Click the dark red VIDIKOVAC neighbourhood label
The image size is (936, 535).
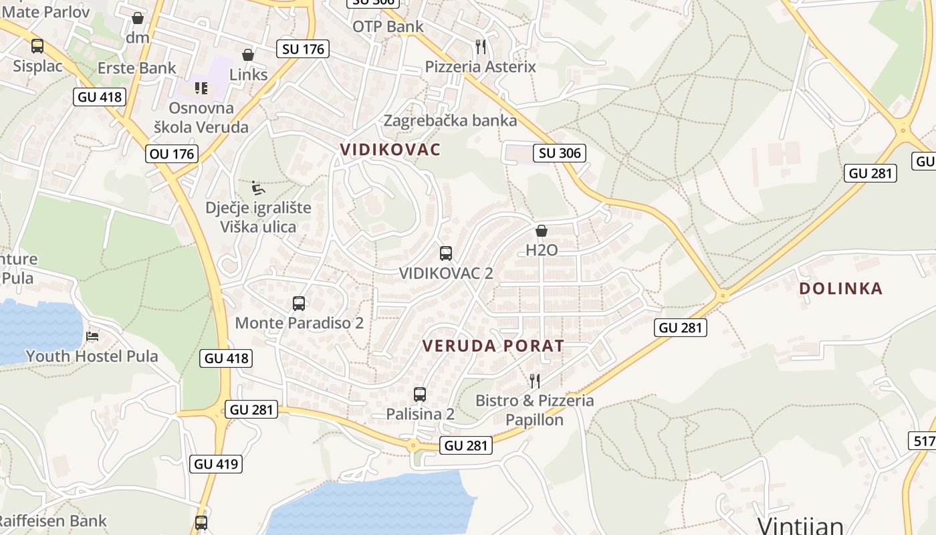coord(390,149)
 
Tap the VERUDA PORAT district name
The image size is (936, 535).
coord(493,346)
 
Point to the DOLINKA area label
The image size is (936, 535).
coord(841,288)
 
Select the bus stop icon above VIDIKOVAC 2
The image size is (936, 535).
coord(446,253)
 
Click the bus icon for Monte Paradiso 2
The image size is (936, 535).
coord(299,304)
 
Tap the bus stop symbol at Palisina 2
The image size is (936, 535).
coord(420,395)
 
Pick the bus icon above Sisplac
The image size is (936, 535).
coord(37,46)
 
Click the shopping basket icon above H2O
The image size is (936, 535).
coord(542,231)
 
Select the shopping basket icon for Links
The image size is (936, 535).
coord(248,54)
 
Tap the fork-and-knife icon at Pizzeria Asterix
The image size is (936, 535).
coord(481,46)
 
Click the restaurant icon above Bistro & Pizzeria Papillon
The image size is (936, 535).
coord(535,381)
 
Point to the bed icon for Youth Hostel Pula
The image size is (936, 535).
coord(92,335)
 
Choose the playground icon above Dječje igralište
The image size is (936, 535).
coord(258,187)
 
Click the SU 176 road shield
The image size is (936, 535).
coord(303,49)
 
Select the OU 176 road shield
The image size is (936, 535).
coord(172,154)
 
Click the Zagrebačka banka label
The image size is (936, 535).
coord(450,120)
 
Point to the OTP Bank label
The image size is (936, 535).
coord(388,27)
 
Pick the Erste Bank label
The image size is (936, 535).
coord(137,68)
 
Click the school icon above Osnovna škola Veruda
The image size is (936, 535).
coord(201,88)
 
